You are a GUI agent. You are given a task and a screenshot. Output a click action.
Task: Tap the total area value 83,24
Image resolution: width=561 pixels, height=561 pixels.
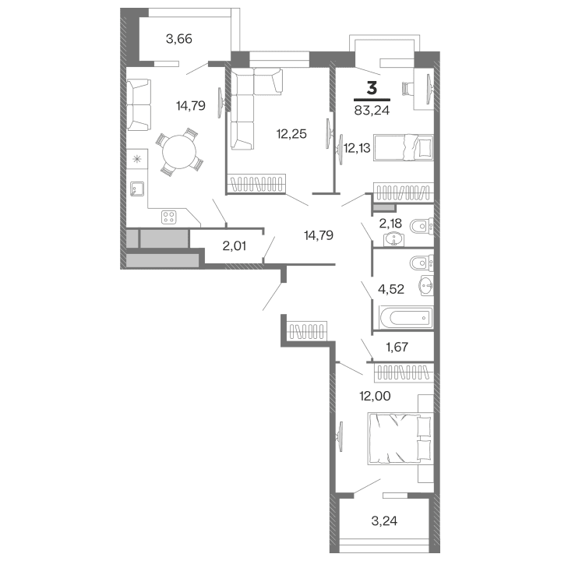[372, 110]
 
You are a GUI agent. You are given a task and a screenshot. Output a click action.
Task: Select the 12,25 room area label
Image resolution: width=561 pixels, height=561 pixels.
[291, 133]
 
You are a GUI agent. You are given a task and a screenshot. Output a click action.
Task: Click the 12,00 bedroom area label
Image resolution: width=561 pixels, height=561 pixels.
[374, 395]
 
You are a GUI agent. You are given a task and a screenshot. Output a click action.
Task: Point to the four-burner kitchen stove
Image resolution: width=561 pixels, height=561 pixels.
[169, 216]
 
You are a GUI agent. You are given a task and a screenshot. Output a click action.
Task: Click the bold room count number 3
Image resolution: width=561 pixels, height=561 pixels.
[372, 88]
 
